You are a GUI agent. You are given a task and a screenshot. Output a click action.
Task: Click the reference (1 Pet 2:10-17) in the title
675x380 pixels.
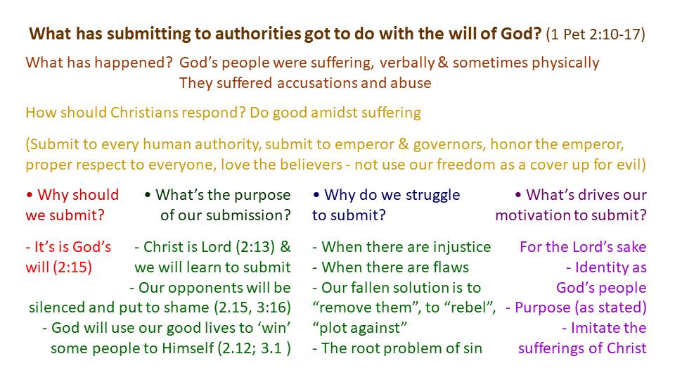596,34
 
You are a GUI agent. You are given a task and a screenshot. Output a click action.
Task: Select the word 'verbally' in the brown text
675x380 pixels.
407,63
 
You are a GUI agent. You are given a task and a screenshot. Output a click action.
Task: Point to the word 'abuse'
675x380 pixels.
411,83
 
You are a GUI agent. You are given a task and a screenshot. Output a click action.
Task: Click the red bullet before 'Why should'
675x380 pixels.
30,195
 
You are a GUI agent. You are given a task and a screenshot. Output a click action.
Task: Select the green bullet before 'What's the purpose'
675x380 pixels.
148,195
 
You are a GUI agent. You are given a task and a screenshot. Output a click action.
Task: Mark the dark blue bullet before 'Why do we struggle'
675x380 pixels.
316,195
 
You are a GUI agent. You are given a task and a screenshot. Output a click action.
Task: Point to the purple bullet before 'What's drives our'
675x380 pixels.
518,195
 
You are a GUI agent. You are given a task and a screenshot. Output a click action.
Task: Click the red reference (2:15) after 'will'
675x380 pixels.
72,267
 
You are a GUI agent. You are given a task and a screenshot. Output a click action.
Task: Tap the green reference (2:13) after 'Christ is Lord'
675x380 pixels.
255,247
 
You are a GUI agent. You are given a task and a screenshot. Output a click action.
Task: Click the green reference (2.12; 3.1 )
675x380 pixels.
255,348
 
